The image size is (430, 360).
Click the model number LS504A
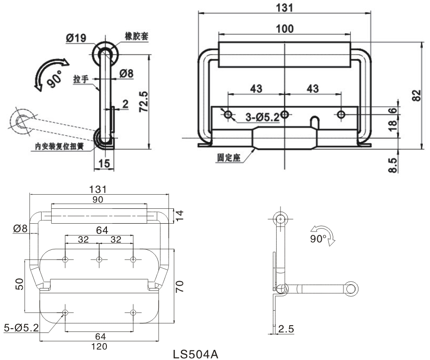point(195,354)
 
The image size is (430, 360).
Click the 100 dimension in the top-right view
point(284,29)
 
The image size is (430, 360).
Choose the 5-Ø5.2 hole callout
point(21,328)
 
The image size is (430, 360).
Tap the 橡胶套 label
point(136,37)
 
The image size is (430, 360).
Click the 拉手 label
point(81,79)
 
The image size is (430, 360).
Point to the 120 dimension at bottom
point(100,346)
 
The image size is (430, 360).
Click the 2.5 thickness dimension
point(285,329)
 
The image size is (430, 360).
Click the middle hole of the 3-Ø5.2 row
point(285,115)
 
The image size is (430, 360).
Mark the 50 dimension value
point(19,284)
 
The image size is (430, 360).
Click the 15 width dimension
point(104,163)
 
